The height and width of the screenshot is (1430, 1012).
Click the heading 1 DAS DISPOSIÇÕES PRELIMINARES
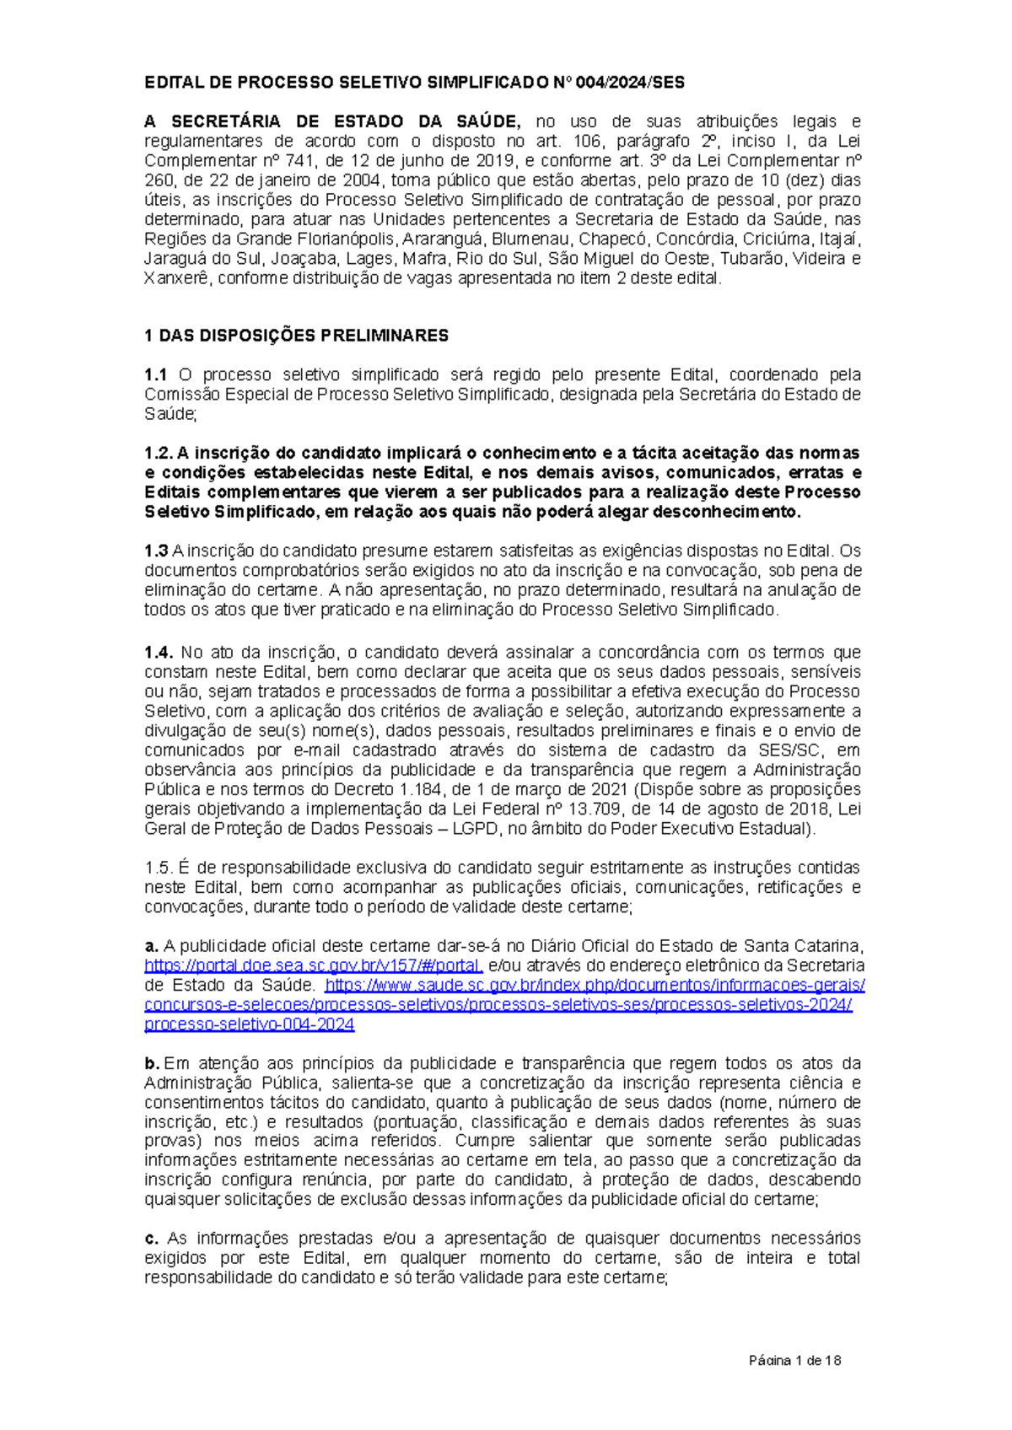click(x=296, y=336)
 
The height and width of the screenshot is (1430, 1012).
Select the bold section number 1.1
click(x=156, y=374)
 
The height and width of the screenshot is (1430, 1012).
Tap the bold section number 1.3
click(x=156, y=551)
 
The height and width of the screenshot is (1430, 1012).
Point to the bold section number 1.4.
click(x=158, y=653)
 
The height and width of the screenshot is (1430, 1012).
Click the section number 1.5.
click(x=158, y=868)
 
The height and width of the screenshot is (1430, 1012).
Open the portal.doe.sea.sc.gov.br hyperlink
click(x=313, y=966)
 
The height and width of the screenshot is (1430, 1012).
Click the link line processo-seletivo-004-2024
click(x=249, y=1024)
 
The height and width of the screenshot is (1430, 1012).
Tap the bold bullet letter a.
click(x=151, y=946)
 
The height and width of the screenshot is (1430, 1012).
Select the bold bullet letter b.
click(x=151, y=1063)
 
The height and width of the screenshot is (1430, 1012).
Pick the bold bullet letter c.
click(x=151, y=1239)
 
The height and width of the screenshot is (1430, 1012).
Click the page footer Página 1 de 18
click(x=795, y=1360)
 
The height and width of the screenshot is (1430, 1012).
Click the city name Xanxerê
click(x=177, y=278)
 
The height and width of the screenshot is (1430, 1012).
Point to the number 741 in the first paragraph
click(x=305, y=161)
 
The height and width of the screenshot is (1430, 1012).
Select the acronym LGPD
click(x=472, y=829)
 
